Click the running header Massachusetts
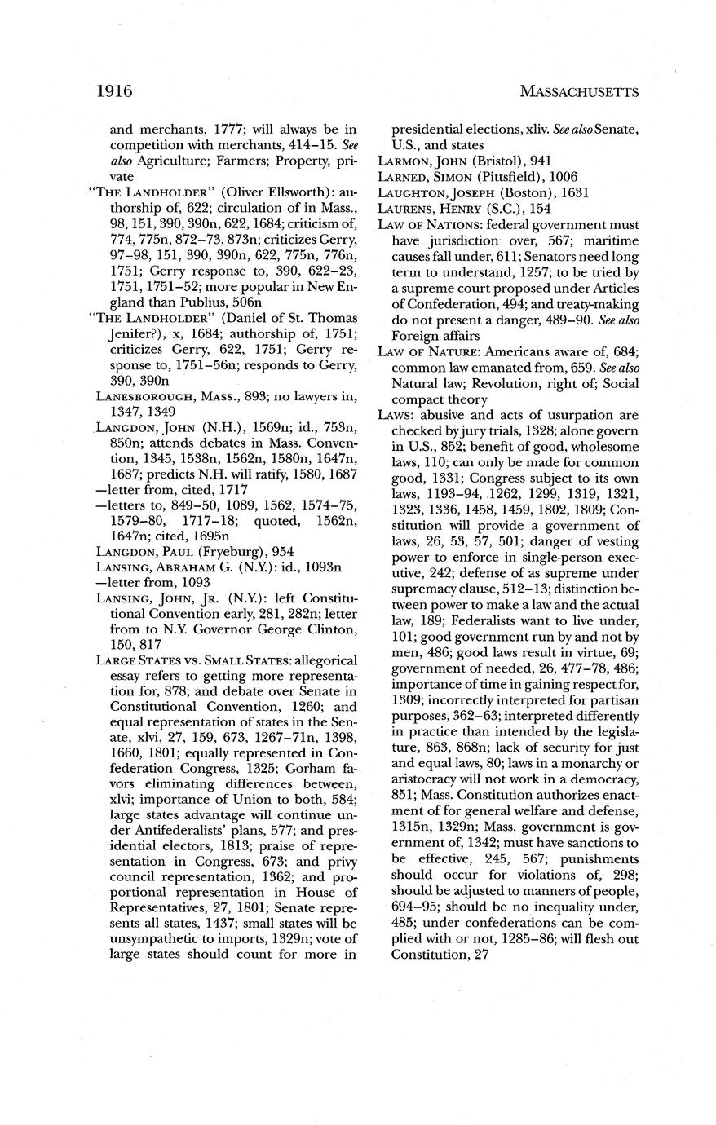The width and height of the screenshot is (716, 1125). [578, 92]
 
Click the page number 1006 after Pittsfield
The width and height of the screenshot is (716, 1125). [567, 177]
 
